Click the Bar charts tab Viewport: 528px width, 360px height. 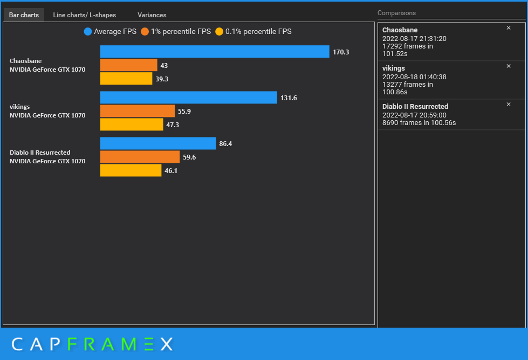pyautogui.click(x=24, y=15)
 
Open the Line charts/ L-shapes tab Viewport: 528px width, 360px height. pyautogui.click(x=84, y=15)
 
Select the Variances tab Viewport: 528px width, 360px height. pyautogui.click(x=152, y=15)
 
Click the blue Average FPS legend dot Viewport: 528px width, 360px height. pyautogui.click(x=88, y=32)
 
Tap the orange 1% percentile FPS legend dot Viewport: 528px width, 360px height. pyautogui.click(x=145, y=32)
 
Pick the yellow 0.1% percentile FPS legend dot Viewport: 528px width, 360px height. pyautogui.click(x=219, y=32)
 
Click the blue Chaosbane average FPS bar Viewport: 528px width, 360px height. pyautogui.click(x=215, y=52)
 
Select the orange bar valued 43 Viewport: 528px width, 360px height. pyautogui.click(x=128, y=65)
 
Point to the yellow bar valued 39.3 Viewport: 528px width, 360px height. pyautogui.click(x=126, y=79)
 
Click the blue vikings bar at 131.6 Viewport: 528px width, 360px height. pyautogui.click(x=189, y=98)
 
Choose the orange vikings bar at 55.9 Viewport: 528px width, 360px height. pyautogui.click(x=138, y=111)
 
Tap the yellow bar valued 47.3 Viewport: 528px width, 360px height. pyautogui.click(x=132, y=124)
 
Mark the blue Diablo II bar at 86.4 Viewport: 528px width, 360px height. pyautogui.click(x=158, y=143)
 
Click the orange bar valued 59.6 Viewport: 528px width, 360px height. pyautogui.click(x=140, y=157)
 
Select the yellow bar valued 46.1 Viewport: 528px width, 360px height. pyautogui.click(x=131, y=170)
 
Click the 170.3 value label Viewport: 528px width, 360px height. pyautogui.click(x=341, y=52)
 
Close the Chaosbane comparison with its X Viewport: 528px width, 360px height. pyautogui.click(x=509, y=28)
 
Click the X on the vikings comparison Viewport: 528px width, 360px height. pyautogui.click(x=509, y=66)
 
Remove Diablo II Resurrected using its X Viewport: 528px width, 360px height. pyautogui.click(x=509, y=105)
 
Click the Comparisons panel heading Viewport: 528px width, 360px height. pyautogui.click(x=396, y=13)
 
